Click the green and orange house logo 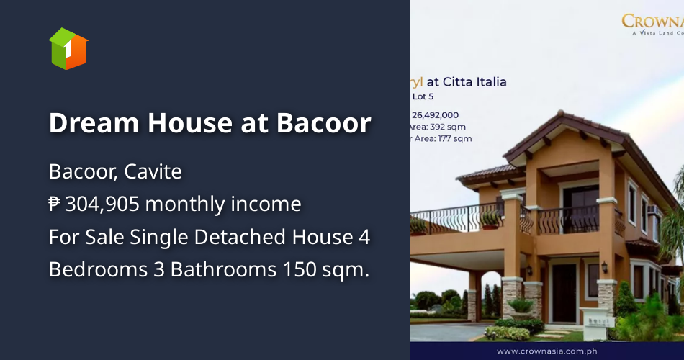68,49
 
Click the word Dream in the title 94,124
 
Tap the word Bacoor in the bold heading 324,124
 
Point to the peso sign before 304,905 55,204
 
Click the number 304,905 102,204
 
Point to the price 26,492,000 435,114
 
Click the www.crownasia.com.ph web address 546,351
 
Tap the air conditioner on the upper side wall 652,210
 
